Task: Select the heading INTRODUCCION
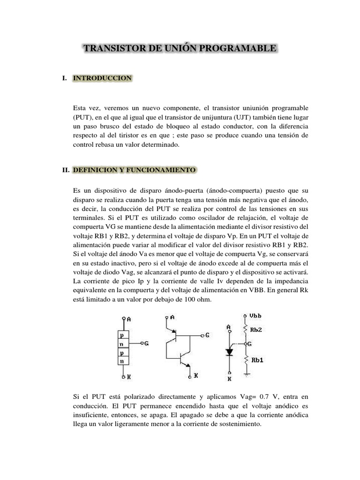103,78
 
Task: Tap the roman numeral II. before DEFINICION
65,171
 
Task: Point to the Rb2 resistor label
256,330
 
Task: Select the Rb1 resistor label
256,360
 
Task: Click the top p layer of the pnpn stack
122,336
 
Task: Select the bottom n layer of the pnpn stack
122,361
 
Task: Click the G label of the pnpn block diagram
146,344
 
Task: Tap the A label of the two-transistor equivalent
172,317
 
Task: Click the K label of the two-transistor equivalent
196,376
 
